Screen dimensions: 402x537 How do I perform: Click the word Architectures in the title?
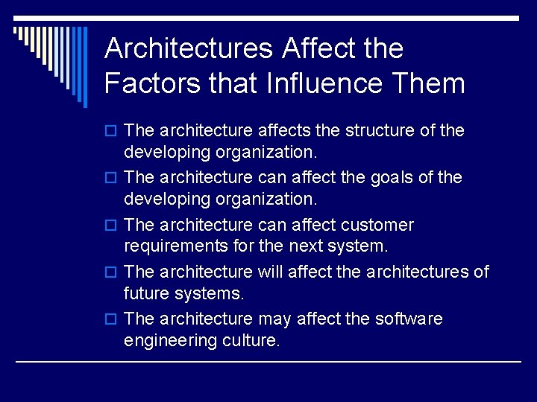click(189, 48)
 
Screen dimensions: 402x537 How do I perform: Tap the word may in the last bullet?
click(274, 319)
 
